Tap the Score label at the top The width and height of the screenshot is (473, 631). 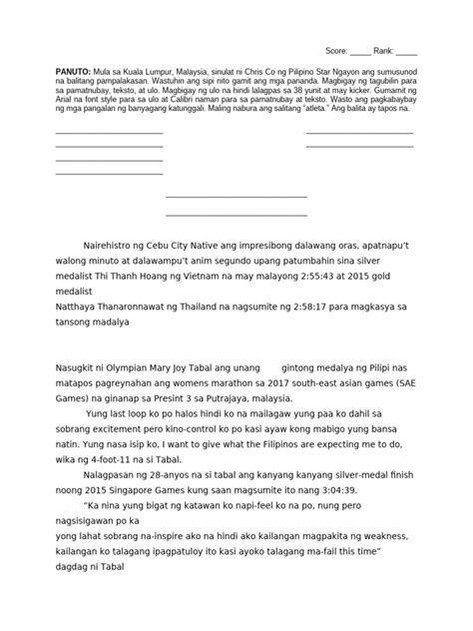tap(340, 50)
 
